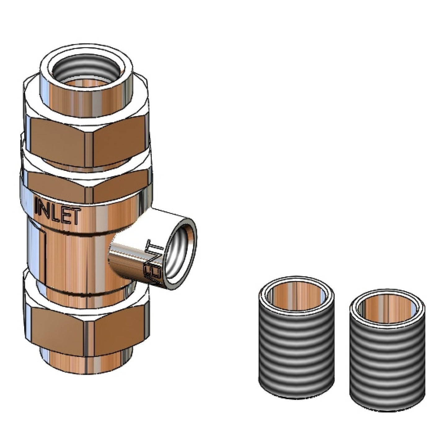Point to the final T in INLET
pos(76,216)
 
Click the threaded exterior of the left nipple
pos(296,350)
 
